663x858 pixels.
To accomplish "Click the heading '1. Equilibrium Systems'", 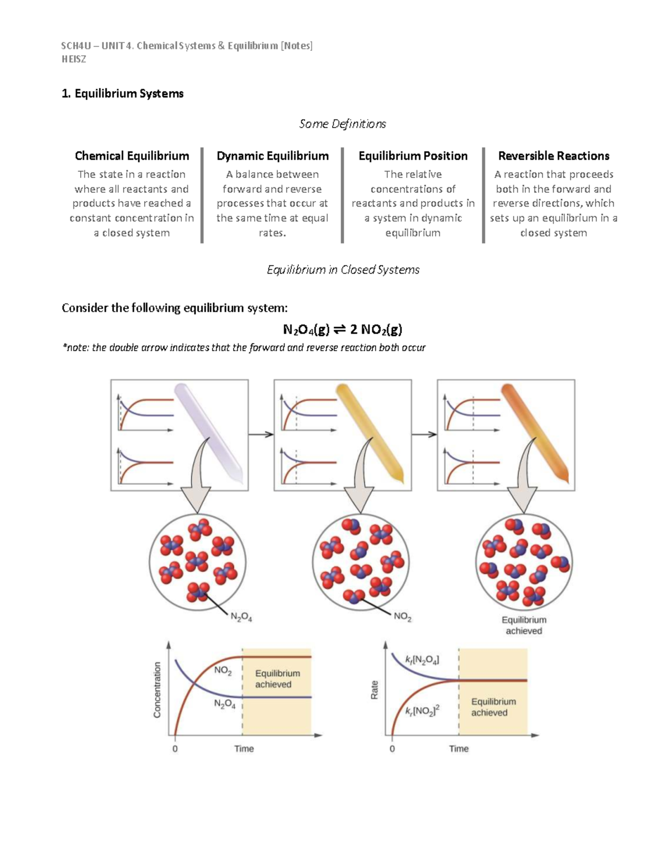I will click(x=122, y=93).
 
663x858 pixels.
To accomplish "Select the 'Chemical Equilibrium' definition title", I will click(x=131, y=156).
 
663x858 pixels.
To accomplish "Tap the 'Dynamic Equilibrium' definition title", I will click(x=272, y=156).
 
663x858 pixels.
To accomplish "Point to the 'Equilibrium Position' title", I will click(x=413, y=156).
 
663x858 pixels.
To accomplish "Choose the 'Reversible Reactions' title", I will click(x=554, y=156).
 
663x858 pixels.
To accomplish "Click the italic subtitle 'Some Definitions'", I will click(x=342, y=124).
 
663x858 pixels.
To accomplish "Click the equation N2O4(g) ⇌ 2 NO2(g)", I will click(x=342, y=330).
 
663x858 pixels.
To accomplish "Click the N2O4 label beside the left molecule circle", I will click(x=241, y=617).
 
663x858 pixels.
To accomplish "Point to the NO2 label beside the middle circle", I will click(x=402, y=617).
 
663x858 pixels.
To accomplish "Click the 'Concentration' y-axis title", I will click(x=157, y=689).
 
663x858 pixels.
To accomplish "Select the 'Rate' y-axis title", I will click(x=375, y=689).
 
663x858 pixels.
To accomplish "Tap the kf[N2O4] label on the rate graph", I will click(x=422, y=660).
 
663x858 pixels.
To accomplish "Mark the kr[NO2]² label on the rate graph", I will click(x=422, y=710).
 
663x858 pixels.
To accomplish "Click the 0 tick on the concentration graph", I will click(x=175, y=749).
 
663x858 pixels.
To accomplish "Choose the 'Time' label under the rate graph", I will click(x=459, y=749).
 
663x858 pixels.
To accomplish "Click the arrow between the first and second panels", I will click(x=261, y=434).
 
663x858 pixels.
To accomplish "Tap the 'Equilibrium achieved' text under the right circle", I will click(x=524, y=625).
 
